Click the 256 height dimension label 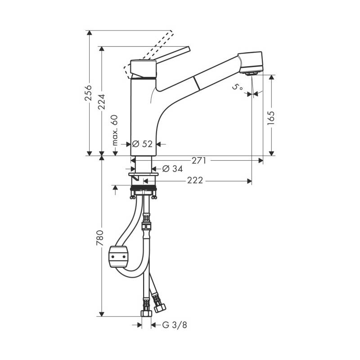tap(88, 93)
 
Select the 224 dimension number tap(101, 102)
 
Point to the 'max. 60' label tap(115, 130)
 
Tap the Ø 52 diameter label tap(142, 144)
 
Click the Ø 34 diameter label tap(172, 169)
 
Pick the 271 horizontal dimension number tap(199, 161)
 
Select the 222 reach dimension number tap(195, 180)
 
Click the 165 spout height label tap(271, 118)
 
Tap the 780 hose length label tap(100, 238)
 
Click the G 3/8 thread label tap(175, 325)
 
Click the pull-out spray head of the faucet tap(250, 62)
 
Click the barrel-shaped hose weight tap(118, 256)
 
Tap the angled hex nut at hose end tap(160, 307)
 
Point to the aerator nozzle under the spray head tap(252, 73)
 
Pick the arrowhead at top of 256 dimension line tap(89, 33)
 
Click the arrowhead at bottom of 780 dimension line tap(101, 314)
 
